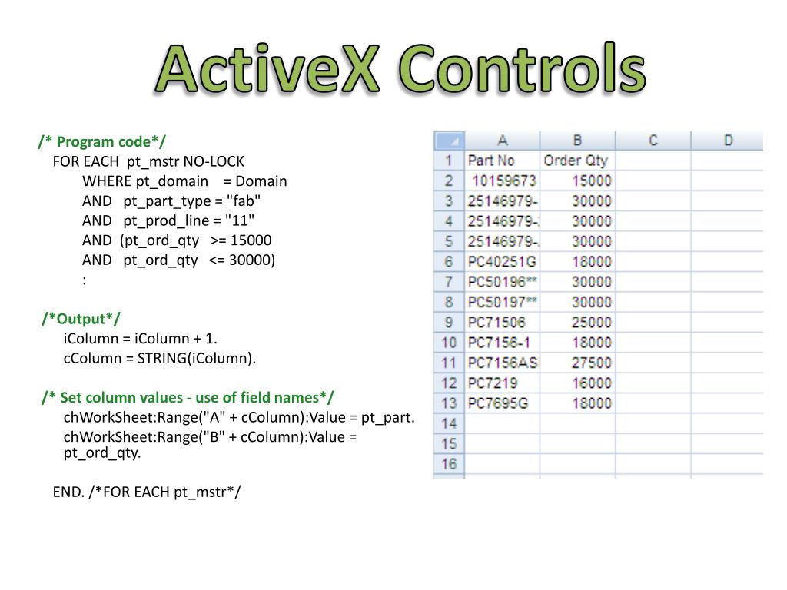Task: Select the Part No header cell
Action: click(x=491, y=161)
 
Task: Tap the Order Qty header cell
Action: click(x=576, y=161)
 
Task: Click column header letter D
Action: click(x=728, y=141)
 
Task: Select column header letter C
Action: click(x=653, y=141)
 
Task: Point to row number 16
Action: click(x=450, y=463)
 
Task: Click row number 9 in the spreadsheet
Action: click(x=450, y=323)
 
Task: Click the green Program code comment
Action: click(x=101, y=141)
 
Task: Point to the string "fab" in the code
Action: click(x=244, y=201)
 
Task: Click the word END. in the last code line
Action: click(x=68, y=492)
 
